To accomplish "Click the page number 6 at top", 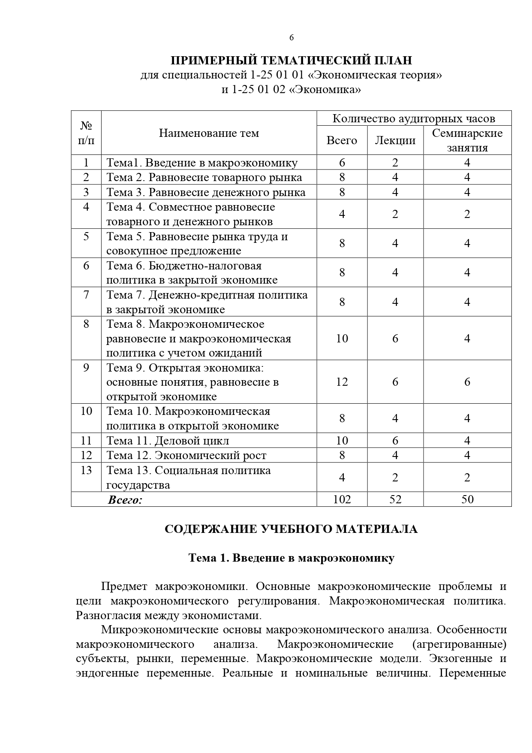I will click(x=292, y=38).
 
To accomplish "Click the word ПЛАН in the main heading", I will click(x=391, y=60).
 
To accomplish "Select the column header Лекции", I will click(x=395, y=140).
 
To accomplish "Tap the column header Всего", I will click(x=342, y=140).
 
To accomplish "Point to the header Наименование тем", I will click(x=209, y=133).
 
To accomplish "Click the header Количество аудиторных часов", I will click(x=414, y=118).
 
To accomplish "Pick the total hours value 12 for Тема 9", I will click(x=342, y=382).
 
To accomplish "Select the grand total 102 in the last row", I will click(x=342, y=499).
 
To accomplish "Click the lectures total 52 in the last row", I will click(x=395, y=499).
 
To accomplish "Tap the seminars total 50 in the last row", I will click(x=467, y=499).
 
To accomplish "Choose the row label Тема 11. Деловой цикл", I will click(x=168, y=441).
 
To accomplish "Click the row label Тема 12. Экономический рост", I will click(x=186, y=455).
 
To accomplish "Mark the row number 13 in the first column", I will click(x=86, y=470).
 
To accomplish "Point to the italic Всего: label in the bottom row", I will click(x=125, y=499).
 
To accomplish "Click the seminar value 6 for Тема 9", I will click(x=467, y=382).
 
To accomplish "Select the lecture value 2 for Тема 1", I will click(x=395, y=163).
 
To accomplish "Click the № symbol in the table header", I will click(x=86, y=126).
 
